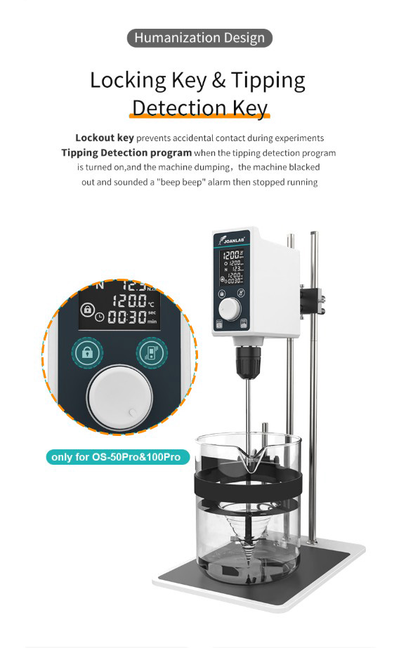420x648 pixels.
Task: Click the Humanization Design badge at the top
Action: tap(199, 38)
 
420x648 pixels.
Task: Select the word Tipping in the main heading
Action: tap(268, 80)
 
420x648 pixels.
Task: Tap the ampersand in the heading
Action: tap(218, 81)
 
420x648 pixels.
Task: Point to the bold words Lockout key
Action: tap(104, 138)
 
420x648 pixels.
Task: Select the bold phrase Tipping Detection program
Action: tap(126, 152)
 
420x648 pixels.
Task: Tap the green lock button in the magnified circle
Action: tap(88, 352)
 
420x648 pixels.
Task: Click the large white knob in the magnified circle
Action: tap(119, 397)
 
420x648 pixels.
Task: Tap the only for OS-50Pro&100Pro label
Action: tap(117, 457)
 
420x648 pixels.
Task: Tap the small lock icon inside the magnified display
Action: tap(88, 310)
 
